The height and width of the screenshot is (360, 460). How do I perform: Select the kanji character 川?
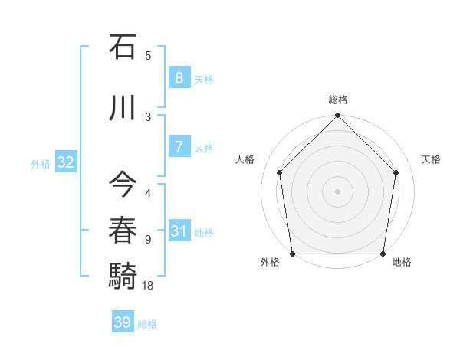coord(123,108)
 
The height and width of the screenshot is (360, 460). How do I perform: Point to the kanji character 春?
coord(123,231)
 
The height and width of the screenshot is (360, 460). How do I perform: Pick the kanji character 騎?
coord(123,275)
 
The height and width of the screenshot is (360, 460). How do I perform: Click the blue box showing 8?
coord(178,78)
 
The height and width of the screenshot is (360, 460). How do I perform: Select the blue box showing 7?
coord(178,147)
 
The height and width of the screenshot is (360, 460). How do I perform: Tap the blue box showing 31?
coord(178,231)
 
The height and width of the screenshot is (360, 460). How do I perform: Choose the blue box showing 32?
coord(65,162)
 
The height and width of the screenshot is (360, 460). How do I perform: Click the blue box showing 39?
coord(122,322)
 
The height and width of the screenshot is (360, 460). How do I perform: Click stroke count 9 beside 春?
coord(148,240)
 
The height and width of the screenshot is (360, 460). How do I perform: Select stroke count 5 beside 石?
coord(148,55)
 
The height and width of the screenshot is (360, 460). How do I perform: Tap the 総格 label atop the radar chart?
coord(337,100)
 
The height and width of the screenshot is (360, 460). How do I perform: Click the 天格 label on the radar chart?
coord(431,159)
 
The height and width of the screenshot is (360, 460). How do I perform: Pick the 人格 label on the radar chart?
coord(245,159)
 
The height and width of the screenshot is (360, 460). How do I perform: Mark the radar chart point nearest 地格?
coord(383,254)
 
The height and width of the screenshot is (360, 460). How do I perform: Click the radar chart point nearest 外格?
coord(292,254)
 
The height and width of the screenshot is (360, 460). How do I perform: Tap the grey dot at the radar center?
coord(337,191)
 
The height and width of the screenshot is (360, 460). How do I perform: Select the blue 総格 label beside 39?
coord(147,324)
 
